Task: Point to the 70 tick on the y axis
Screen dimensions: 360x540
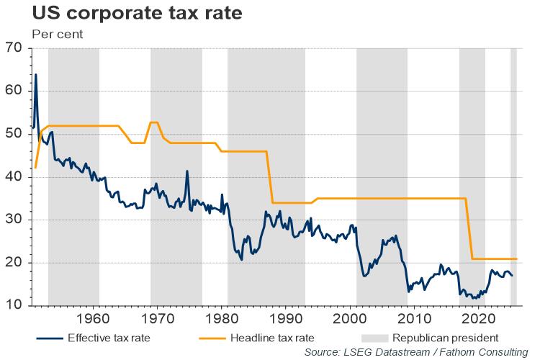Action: click(14, 48)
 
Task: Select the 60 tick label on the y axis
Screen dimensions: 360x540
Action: click(14, 91)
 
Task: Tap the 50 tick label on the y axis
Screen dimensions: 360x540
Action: click(14, 134)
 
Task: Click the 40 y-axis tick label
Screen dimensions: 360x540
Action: click(14, 177)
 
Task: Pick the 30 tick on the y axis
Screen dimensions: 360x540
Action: click(14, 220)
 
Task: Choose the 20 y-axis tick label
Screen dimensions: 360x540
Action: click(14, 263)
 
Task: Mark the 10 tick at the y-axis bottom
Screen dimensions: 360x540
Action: click(14, 305)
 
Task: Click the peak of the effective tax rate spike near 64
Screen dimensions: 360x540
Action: click(36, 74)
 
